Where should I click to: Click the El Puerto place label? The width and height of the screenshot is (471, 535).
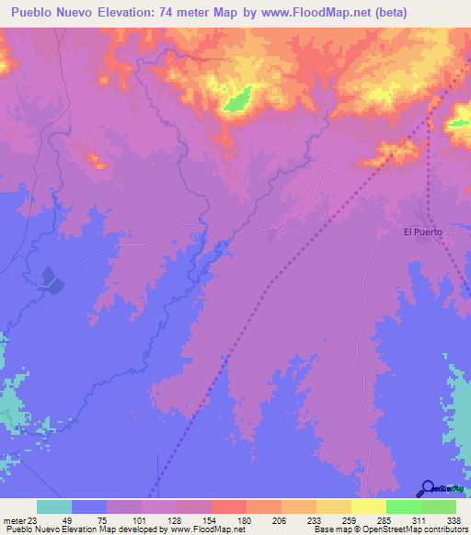[x=423, y=233]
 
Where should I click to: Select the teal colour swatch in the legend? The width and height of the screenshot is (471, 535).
[x=53, y=507]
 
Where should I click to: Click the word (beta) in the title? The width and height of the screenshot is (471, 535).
[x=385, y=13]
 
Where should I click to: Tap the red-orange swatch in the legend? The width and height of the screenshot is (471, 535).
[x=228, y=507]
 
